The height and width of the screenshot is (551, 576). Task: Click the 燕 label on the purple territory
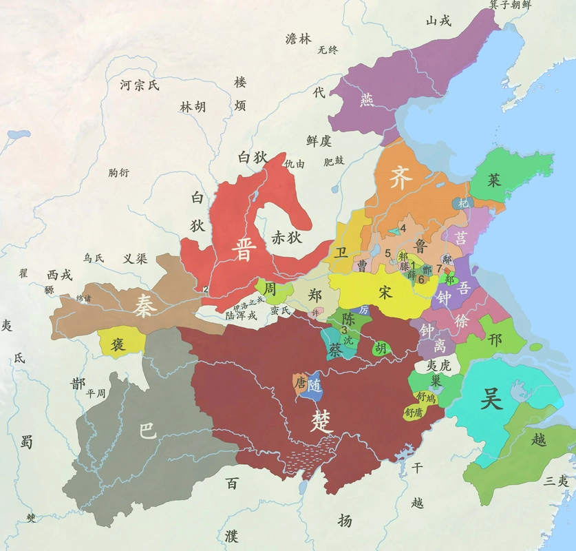367,101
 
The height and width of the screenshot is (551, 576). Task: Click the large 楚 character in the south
322,419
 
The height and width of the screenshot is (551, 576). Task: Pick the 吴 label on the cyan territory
491,399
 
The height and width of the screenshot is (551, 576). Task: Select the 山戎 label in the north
438,21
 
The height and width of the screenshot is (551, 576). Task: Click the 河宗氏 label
139,85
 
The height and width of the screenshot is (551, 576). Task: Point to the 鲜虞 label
319,141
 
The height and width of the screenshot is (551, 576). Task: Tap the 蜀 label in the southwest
26,441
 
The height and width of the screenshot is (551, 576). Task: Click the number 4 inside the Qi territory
403,228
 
